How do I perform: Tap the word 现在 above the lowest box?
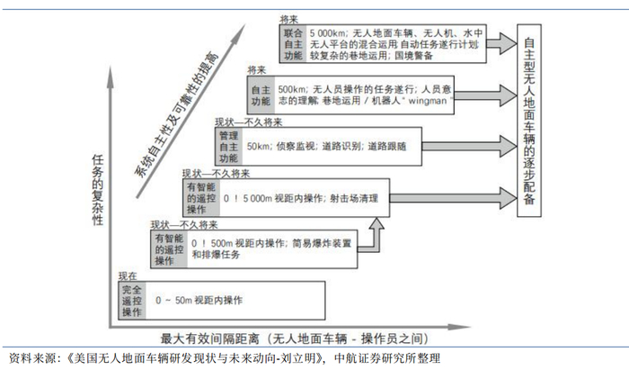[x=128, y=275]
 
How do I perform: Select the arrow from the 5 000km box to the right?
[x=501, y=42]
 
